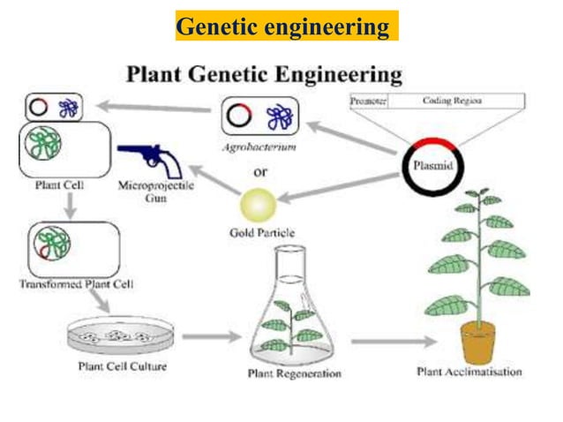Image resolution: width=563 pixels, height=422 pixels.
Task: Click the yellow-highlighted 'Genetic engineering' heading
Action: point(282,27)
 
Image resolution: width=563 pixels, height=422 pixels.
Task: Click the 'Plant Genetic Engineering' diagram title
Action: point(264,74)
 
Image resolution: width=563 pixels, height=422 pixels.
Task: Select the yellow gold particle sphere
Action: point(258,206)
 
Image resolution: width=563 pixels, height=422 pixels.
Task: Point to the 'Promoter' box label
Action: point(368,102)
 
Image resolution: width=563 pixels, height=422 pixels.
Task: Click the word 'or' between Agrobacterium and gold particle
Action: point(260,171)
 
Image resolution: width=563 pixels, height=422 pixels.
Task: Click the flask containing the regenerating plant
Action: point(284,313)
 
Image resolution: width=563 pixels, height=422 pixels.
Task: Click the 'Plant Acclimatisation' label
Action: point(469,372)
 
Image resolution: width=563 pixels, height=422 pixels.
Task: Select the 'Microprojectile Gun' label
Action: point(156,192)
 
